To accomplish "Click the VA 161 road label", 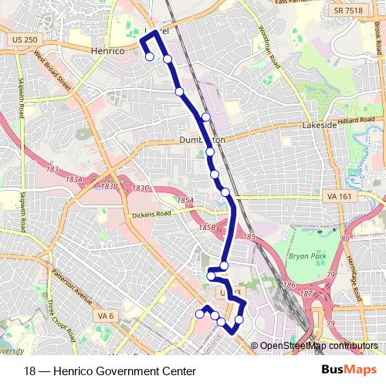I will pyautogui.click(x=338, y=196).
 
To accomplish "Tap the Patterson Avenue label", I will pyautogui.click(x=73, y=286).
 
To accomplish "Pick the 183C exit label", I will pyautogui.click(x=140, y=188).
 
